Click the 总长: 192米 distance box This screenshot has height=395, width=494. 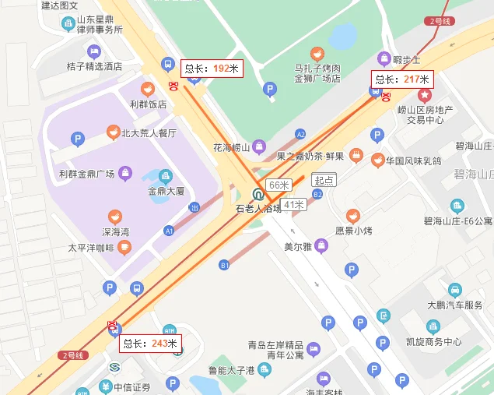tap(212, 69)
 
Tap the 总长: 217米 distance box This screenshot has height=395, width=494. tap(402, 79)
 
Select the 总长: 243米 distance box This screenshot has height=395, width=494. tap(150, 344)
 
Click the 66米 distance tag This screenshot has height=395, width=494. tap(278, 185)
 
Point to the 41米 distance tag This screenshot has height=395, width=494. tap(293, 204)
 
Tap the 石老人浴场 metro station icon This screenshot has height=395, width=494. tap(258, 195)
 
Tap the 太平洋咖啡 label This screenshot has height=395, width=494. tap(91, 249)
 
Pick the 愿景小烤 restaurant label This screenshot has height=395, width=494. tap(355, 231)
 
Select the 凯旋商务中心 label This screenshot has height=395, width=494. tap(433, 342)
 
